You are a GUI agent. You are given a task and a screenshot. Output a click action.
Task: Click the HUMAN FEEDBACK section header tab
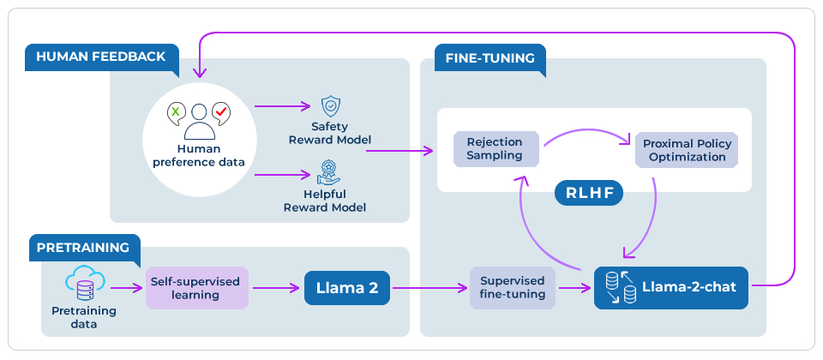(101, 57)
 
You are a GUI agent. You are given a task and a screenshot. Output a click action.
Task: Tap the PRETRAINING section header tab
(82, 248)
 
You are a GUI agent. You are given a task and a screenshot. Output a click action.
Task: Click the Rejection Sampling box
(495, 148)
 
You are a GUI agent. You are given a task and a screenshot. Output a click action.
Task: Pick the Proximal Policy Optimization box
(686, 150)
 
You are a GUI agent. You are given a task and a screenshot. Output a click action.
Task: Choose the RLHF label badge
(588, 192)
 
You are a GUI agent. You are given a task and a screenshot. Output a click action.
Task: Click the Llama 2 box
(348, 288)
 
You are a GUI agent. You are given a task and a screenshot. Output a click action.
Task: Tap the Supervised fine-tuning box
(513, 288)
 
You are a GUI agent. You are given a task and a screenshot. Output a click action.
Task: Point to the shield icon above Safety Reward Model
(330, 106)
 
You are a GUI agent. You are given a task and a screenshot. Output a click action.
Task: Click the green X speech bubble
(175, 111)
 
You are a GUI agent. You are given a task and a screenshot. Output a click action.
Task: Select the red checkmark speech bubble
(221, 111)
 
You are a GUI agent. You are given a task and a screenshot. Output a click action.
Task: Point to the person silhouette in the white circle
(199, 122)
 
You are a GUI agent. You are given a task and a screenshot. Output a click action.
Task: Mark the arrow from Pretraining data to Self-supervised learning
(127, 288)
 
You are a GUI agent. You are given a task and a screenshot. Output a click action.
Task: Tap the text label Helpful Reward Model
(327, 201)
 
